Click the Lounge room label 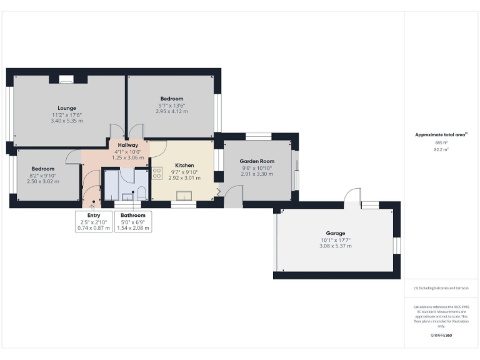click(67, 107)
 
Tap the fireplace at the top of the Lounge click(66, 79)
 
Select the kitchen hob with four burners click(157, 173)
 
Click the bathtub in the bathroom click(113, 184)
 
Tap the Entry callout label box click(93, 221)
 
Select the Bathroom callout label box click(132, 221)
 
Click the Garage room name click(335, 233)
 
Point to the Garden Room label click(257, 161)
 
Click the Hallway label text click(127, 145)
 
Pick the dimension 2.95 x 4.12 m click(171, 111)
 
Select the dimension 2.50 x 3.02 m click(43, 181)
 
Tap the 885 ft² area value click(441, 143)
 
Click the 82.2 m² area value click(441, 150)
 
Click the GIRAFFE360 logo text click(441, 336)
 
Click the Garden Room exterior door click(234, 200)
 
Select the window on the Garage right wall click(396, 246)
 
